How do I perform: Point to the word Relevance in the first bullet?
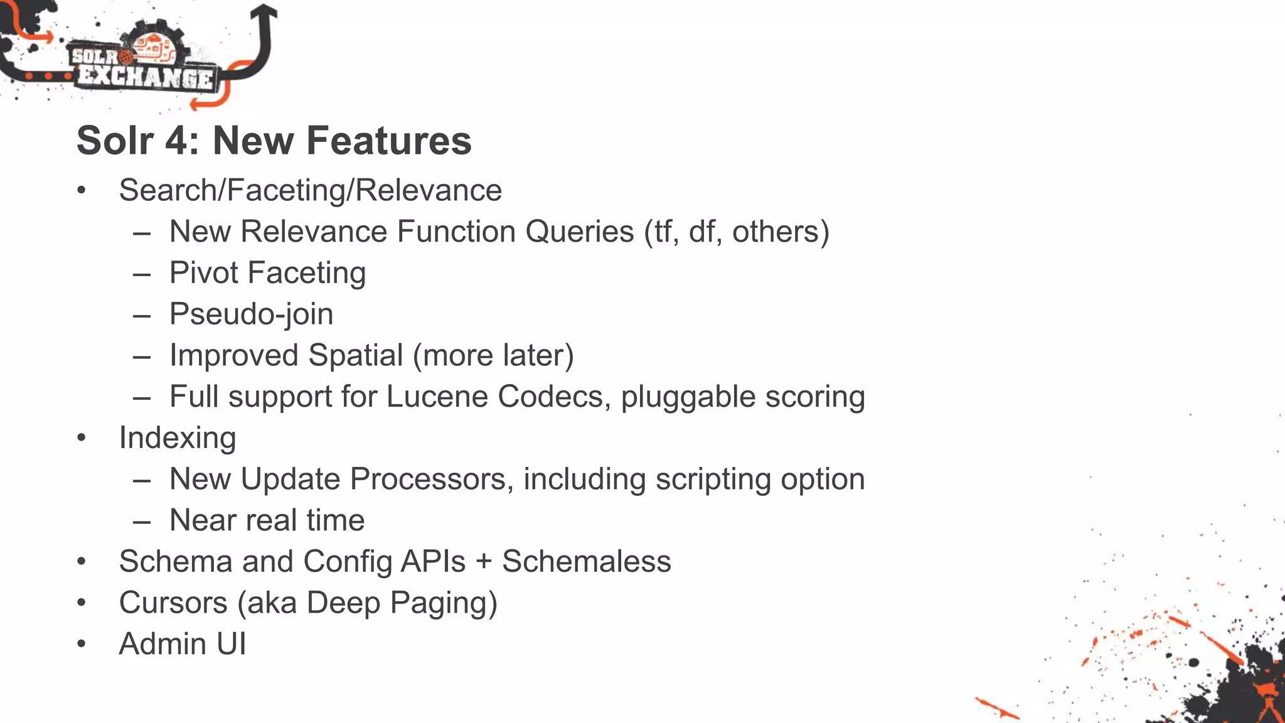[429, 190]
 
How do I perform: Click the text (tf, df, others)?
[737, 232]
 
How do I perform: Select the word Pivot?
[204, 273]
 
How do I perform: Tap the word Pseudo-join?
[251, 314]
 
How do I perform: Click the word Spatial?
[355, 355]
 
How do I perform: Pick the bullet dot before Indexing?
[81, 438]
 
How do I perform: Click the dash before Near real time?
[142, 521]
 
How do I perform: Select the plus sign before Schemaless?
[483, 562]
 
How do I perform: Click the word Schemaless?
[586, 562]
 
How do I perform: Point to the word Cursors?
[173, 602]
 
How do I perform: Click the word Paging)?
[444, 602]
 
